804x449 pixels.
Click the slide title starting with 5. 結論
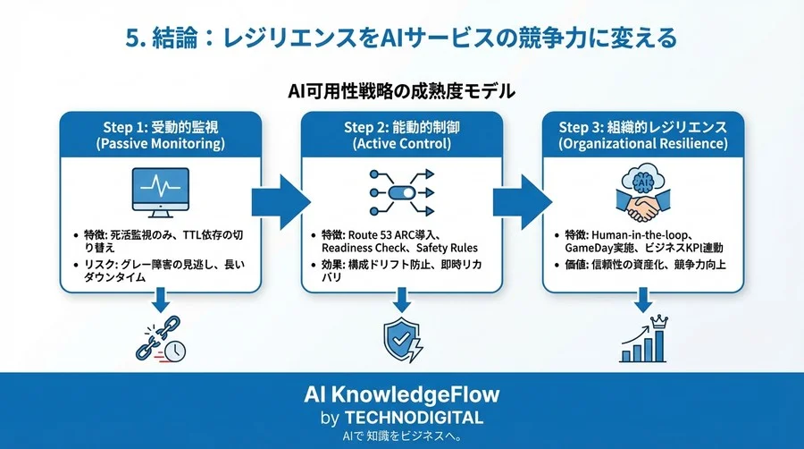click(401, 38)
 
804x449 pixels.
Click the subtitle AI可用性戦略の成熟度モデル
click(401, 91)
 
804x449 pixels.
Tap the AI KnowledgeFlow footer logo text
click(401, 394)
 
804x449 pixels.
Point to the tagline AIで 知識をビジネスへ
click(401, 436)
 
